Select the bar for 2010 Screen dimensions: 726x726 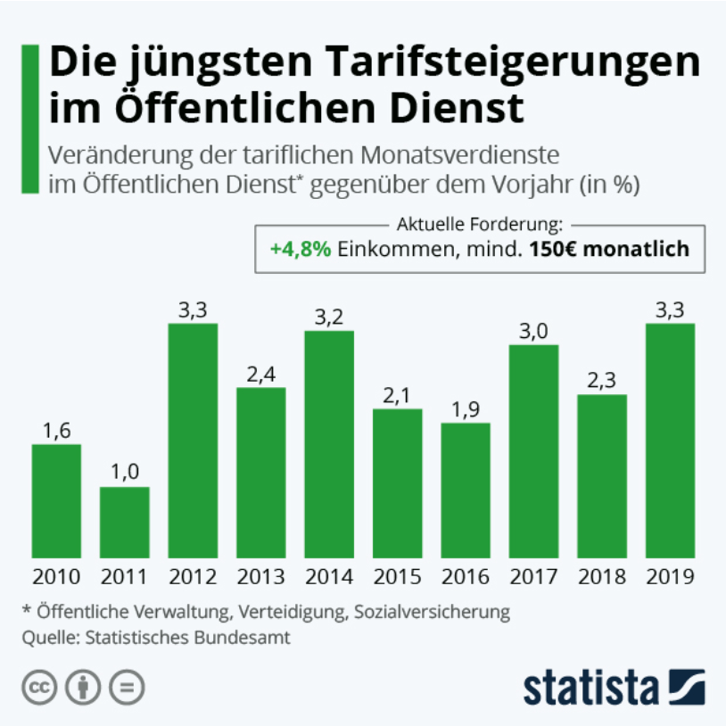(56, 500)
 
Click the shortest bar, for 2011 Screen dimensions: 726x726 (124, 522)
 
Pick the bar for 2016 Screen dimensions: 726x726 (466, 490)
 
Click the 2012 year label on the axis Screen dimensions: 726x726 (192, 577)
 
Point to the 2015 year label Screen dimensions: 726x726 (397, 577)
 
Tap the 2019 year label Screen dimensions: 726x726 (671, 577)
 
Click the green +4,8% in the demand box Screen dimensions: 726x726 (301, 249)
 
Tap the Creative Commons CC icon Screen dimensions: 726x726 (38, 689)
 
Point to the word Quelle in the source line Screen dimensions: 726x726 (46, 638)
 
